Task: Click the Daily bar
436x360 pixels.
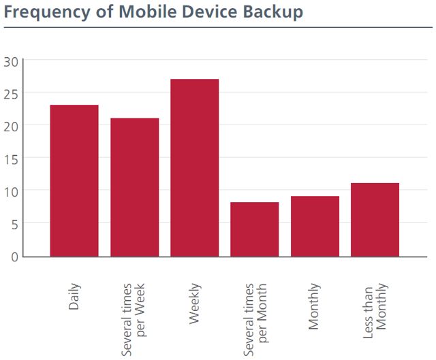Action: [74, 180]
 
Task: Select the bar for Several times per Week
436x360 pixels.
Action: [134, 187]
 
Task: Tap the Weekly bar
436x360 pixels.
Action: [195, 167]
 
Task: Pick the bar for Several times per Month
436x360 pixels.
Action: [255, 229]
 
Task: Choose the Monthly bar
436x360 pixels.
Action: [315, 226]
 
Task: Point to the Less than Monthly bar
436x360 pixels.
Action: [375, 219]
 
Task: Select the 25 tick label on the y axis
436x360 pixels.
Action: [11, 93]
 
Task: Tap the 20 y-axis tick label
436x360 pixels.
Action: [11, 126]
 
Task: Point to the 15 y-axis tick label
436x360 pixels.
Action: [11, 159]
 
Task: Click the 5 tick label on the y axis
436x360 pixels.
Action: [14, 223]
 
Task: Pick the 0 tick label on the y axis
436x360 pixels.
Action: [14, 256]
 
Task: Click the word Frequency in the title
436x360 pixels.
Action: [45, 13]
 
